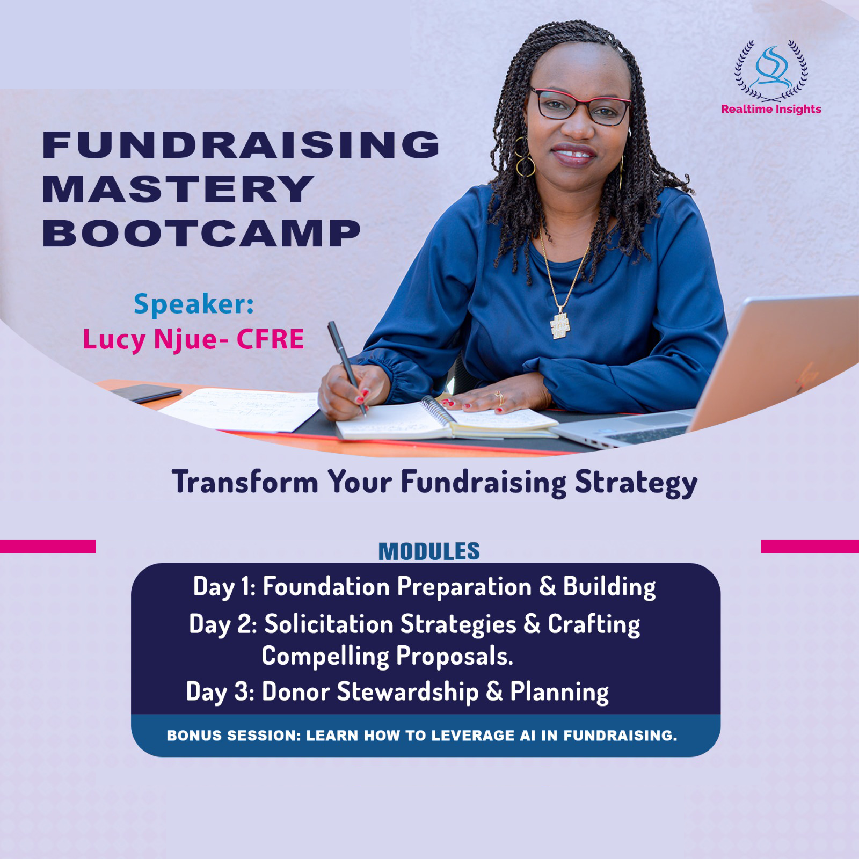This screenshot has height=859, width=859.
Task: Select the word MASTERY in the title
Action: (178, 188)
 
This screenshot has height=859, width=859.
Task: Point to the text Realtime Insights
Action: (771, 109)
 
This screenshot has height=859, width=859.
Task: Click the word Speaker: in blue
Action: (194, 304)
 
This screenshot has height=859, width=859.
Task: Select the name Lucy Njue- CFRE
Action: (193, 339)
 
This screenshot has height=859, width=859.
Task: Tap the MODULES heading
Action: (429, 551)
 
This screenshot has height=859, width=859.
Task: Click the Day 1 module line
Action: (424, 586)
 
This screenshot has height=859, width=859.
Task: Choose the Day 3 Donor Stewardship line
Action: (397, 691)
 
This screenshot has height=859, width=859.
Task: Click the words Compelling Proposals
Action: (387, 656)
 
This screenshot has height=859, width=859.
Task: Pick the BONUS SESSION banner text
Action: (422, 736)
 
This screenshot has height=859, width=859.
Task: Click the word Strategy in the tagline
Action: (636, 483)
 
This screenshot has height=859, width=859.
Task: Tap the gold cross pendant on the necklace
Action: (559, 324)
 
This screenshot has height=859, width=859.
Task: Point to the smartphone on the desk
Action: (145, 394)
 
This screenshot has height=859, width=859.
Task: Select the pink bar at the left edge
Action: (48, 546)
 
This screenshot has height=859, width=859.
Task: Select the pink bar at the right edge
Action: (810, 546)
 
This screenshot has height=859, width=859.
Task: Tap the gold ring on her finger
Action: (499, 398)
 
